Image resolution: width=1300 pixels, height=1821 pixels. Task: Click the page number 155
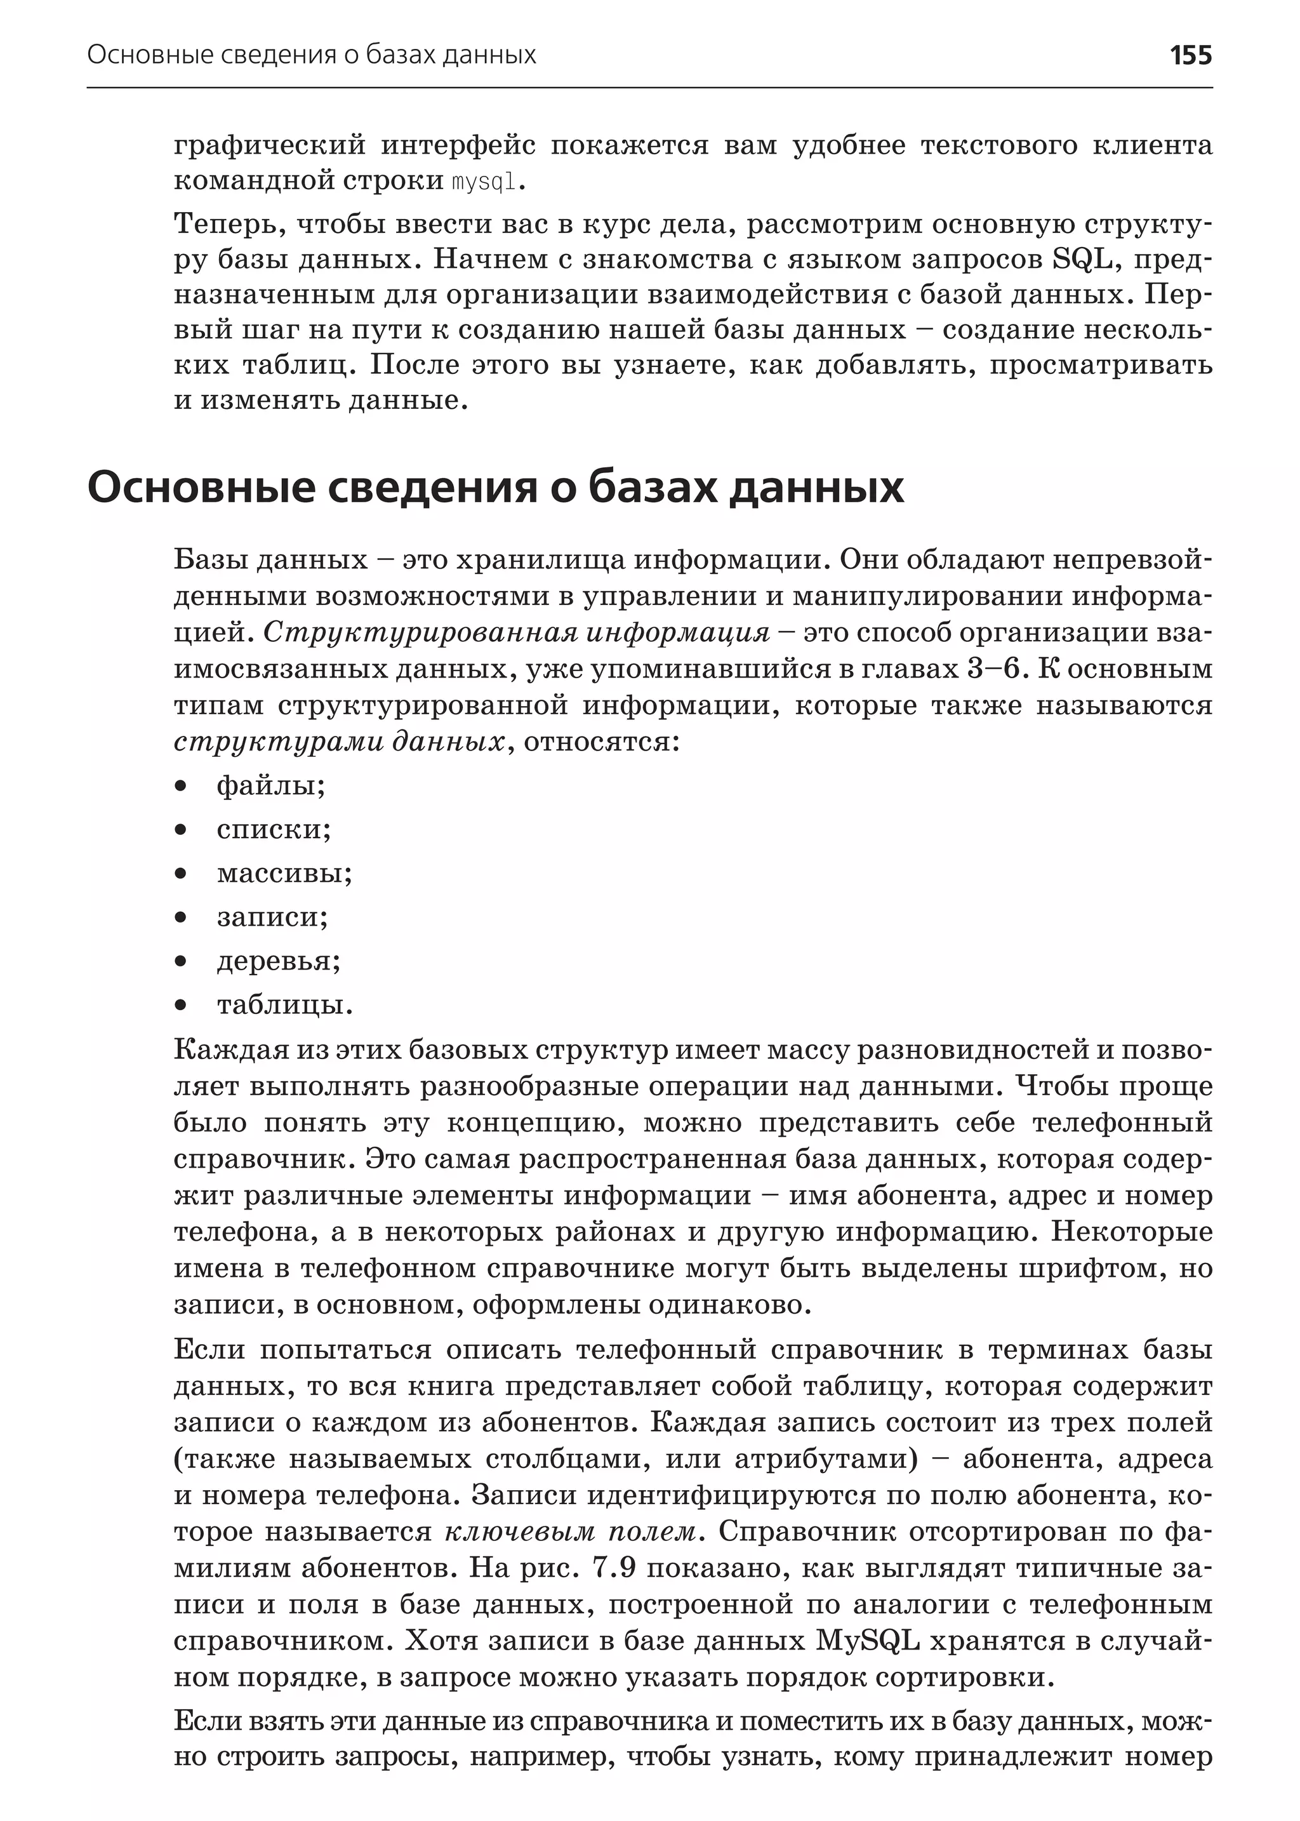click(x=1190, y=55)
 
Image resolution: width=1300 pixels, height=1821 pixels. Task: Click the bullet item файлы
click(x=270, y=785)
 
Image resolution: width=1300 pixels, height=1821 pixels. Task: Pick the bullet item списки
click(x=273, y=829)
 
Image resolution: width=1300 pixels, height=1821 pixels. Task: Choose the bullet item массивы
click(x=284, y=872)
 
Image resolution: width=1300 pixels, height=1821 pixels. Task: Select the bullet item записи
click(x=272, y=916)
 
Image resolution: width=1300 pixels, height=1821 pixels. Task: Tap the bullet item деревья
click(x=279, y=960)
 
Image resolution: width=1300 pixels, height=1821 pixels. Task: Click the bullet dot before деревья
click(x=181, y=961)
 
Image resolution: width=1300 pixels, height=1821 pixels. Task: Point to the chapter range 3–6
click(x=995, y=669)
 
